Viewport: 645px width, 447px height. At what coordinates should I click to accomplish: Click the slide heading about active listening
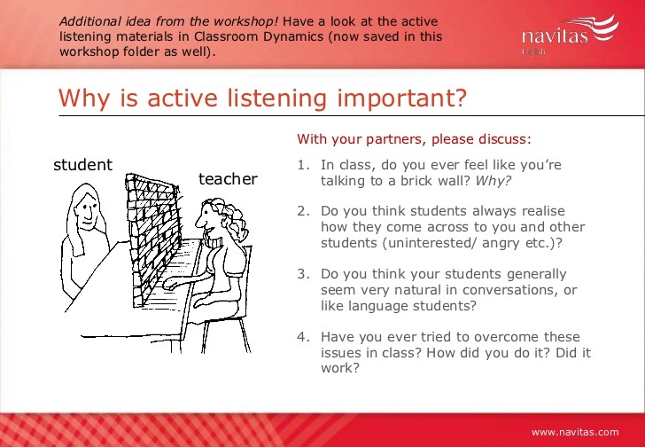click(x=261, y=97)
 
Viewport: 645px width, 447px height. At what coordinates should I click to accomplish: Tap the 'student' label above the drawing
click(x=83, y=165)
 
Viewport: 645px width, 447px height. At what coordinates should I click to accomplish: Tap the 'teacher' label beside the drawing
click(x=228, y=179)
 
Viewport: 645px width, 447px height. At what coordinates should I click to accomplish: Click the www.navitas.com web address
click(x=575, y=432)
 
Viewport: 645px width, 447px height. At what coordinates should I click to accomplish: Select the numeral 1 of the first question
click(x=301, y=165)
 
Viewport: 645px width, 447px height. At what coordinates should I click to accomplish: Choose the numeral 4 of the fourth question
click(x=301, y=337)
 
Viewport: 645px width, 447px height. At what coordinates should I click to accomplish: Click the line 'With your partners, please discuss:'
click(x=414, y=139)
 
